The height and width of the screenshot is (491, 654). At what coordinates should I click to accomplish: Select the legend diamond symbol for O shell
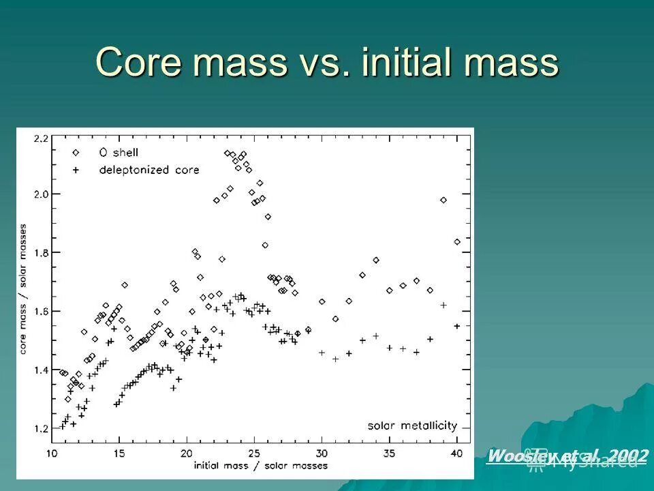pyautogui.click(x=76, y=153)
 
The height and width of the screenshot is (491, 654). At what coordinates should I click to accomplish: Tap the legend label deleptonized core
pyautogui.click(x=149, y=170)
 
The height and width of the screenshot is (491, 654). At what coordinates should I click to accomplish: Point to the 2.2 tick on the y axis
pyautogui.click(x=42, y=138)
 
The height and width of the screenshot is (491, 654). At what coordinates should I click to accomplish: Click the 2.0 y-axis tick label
pyautogui.click(x=42, y=194)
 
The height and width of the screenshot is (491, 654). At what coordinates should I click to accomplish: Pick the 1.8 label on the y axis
pyautogui.click(x=42, y=253)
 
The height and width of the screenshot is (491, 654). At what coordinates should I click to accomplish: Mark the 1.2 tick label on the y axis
pyautogui.click(x=42, y=429)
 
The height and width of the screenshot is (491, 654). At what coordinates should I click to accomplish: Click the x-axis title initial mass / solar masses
pyautogui.click(x=260, y=466)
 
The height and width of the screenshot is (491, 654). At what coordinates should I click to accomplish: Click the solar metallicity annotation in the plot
pyautogui.click(x=412, y=426)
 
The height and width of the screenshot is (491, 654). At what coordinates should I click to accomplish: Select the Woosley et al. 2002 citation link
pyautogui.click(x=567, y=456)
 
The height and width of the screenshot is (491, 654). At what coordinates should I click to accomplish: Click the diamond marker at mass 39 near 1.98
pyautogui.click(x=443, y=200)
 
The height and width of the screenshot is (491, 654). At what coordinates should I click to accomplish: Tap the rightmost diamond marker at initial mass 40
pyautogui.click(x=457, y=241)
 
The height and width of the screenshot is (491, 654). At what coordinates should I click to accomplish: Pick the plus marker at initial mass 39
pyautogui.click(x=443, y=305)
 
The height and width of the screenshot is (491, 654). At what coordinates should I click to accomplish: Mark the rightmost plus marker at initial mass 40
pyautogui.click(x=457, y=326)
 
